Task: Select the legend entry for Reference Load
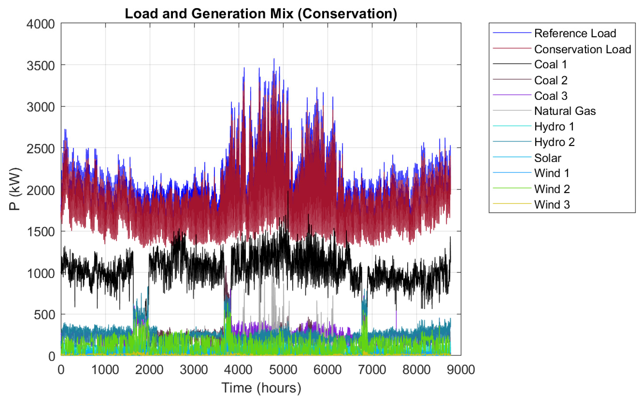575,33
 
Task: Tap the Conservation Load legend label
582,49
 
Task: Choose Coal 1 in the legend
550,64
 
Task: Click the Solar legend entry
548,158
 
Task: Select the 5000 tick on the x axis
283,370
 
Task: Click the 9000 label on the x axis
461,370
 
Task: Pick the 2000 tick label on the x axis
149,370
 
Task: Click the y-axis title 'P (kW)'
15,189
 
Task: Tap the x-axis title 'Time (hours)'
261,388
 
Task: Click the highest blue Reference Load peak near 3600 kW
274,59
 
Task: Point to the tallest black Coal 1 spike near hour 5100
288,191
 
